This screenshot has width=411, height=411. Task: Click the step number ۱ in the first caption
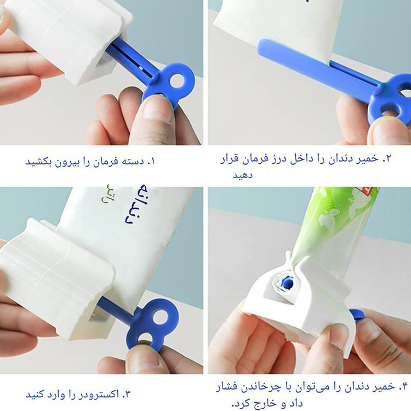151,162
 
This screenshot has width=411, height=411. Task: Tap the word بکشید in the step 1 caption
38,162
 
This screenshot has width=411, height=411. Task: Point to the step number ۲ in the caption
387,158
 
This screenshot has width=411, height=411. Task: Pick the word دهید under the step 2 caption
242,175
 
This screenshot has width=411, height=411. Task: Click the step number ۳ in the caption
126,394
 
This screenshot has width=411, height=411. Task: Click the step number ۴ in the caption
404,386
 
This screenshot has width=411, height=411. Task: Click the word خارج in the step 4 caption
265,404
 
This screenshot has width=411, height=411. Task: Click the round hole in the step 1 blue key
177,81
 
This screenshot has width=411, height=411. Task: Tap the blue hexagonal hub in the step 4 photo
287,283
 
